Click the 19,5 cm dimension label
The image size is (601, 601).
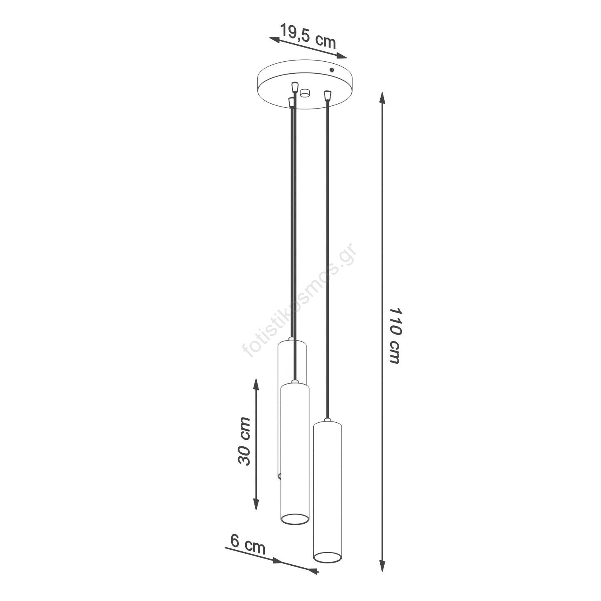[x=308, y=36]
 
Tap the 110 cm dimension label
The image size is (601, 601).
[x=395, y=336]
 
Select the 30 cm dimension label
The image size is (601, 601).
[x=244, y=441]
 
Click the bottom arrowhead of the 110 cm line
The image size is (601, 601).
[x=382, y=565]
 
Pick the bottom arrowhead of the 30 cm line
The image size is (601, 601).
[x=256, y=503]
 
